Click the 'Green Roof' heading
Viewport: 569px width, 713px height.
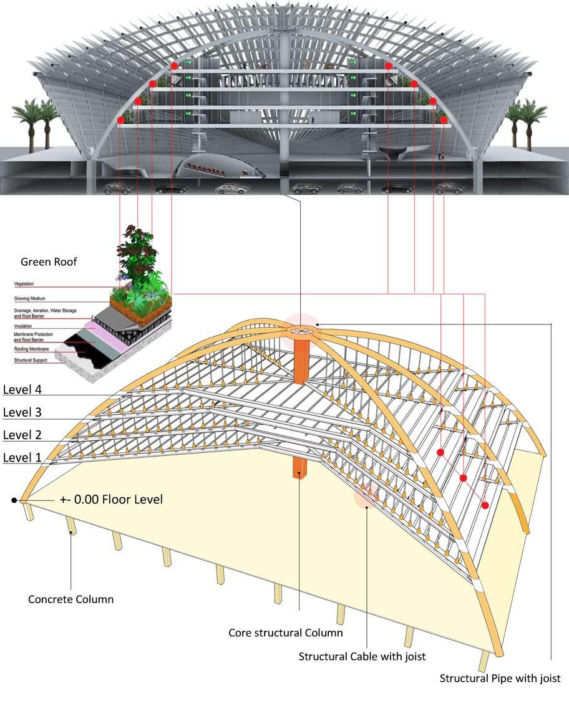click(x=49, y=262)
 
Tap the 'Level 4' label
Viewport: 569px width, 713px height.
click(x=22, y=390)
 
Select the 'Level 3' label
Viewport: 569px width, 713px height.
click(x=22, y=412)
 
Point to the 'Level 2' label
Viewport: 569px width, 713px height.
click(x=22, y=435)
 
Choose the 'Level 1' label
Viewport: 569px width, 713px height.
click(x=22, y=457)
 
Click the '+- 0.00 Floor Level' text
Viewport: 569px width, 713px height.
click(x=111, y=499)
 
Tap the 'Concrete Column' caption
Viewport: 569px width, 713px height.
click(x=71, y=599)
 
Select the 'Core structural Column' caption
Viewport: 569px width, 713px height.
click(x=285, y=633)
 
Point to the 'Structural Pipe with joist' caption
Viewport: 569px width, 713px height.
click(x=500, y=678)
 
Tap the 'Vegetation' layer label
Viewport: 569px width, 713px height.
click(x=24, y=284)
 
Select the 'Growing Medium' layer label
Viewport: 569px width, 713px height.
click(x=30, y=299)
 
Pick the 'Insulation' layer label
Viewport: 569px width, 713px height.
click(x=23, y=326)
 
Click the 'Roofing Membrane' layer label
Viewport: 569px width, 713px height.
click(x=31, y=349)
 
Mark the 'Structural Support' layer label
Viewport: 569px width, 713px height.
click(x=31, y=361)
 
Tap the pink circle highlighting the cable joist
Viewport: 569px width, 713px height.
click(x=366, y=495)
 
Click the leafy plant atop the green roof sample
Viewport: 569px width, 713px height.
click(x=142, y=256)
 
